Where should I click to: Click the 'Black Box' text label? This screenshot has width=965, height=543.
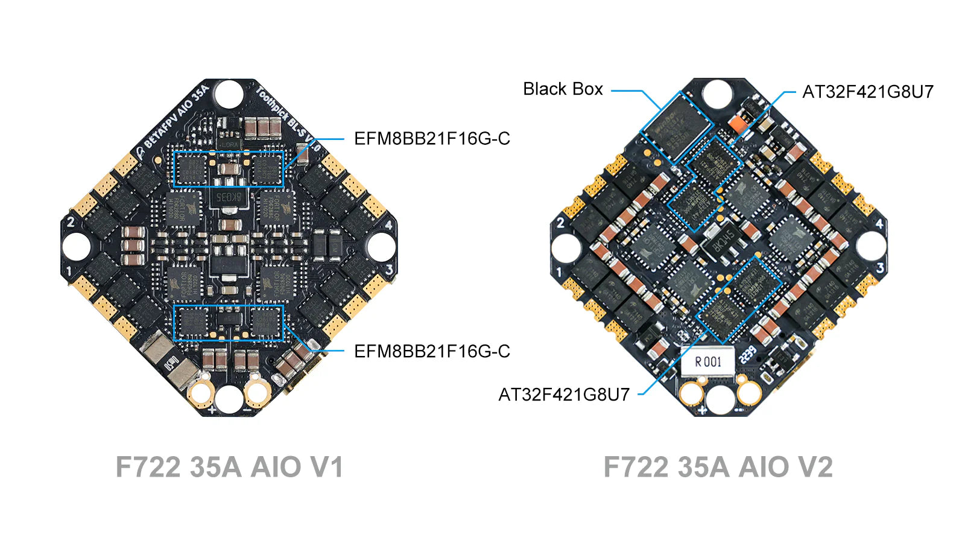click(x=563, y=89)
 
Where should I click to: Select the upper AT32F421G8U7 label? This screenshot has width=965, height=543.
click(x=867, y=92)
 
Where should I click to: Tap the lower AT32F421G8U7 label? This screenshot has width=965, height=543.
click(x=564, y=395)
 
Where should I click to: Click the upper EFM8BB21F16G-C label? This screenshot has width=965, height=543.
click(x=432, y=139)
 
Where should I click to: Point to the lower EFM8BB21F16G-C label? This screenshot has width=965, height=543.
click(x=432, y=351)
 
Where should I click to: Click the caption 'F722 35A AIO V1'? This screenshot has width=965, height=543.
click(x=229, y=467)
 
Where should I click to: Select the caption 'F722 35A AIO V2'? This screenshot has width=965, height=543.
click(x=718, y=467)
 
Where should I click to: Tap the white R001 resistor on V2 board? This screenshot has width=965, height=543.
click(x=708, y=361)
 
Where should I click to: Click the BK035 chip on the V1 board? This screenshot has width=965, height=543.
click(x=228, y=197)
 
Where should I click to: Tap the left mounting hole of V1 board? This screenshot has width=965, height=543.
click(x=76, y=247)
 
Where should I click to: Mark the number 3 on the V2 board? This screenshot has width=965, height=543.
click(x=880, y=267)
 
